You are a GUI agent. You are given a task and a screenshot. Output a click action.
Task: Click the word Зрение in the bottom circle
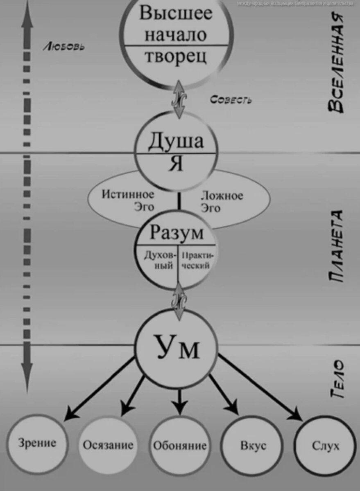click(37, 443)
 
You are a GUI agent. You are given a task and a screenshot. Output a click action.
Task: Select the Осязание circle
click(108, 445)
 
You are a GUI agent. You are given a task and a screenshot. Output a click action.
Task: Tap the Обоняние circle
click(179, 445)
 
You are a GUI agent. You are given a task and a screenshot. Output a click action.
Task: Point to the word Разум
click(177, 233)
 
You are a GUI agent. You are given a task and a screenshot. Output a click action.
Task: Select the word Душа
click(176, 141)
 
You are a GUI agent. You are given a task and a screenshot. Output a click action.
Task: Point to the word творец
click(175, 56)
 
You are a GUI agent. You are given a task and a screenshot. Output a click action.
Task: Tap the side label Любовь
click(64, 47)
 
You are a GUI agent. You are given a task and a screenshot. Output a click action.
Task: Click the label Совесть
click(231, 100)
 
